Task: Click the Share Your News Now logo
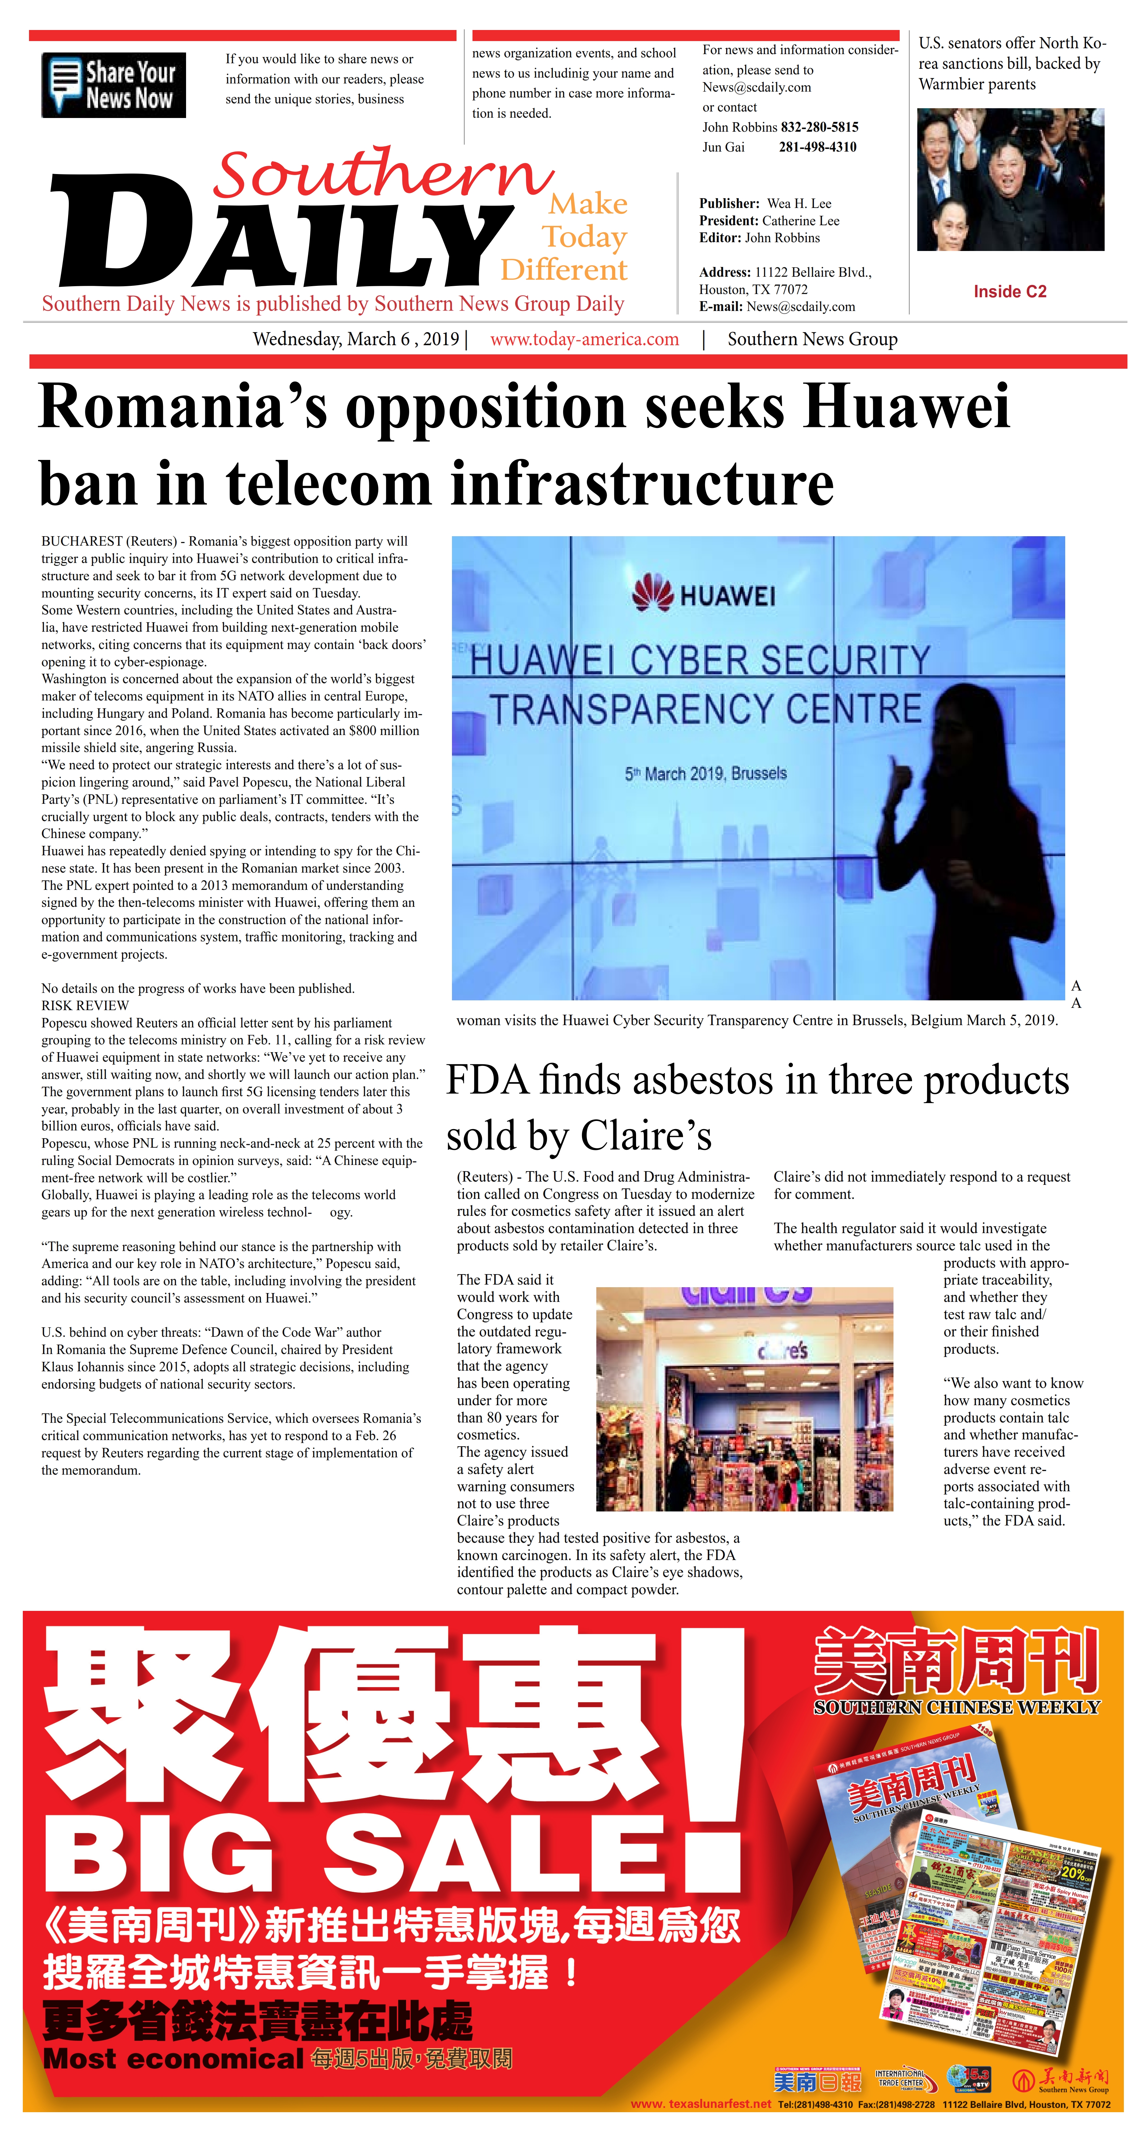coord(113,84)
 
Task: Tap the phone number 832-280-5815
coord(819,127)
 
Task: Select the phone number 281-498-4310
coord(817,147)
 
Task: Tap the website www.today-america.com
coord(584,339)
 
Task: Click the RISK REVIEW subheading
coord(85,1005)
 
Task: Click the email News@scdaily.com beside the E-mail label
coord(801,307)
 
